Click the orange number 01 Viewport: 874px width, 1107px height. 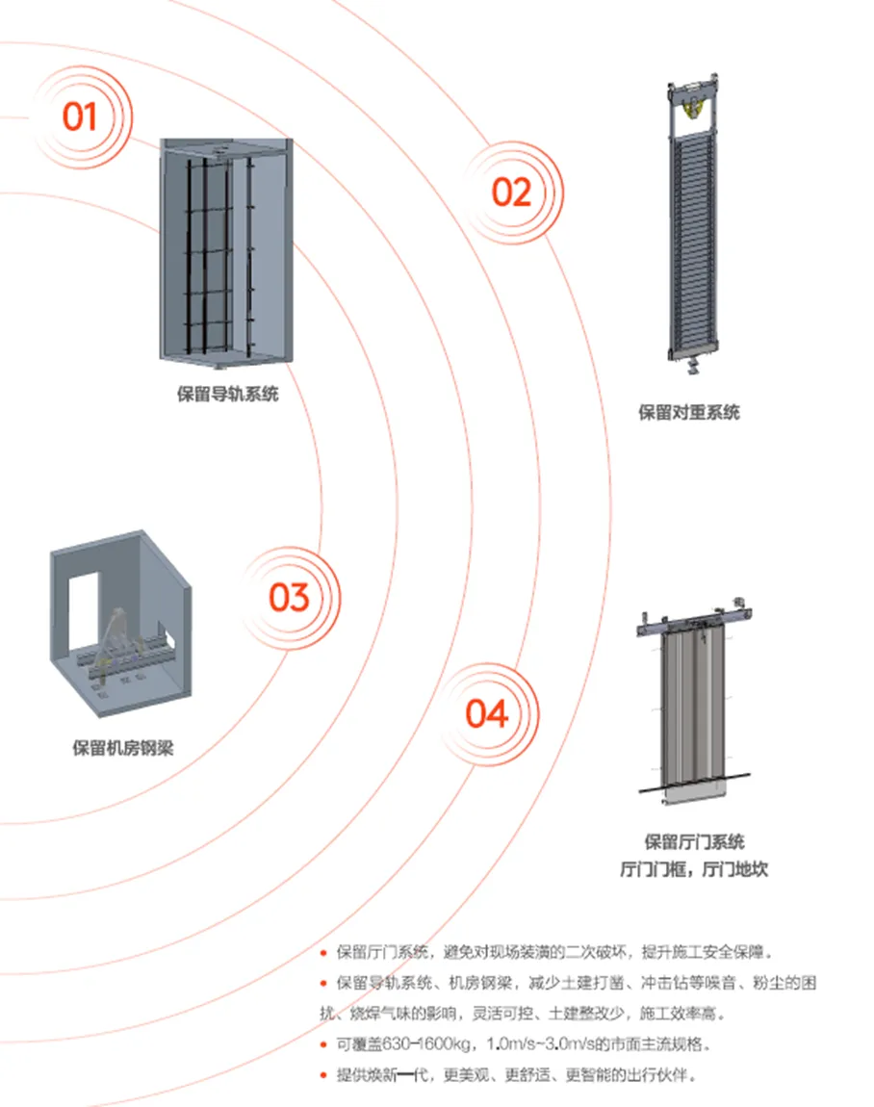[81, 116]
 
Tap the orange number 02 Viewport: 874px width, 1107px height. [511, 193]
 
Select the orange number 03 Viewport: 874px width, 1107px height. [289, 597]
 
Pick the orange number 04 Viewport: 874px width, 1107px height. [486, 713]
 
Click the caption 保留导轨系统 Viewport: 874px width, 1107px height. [228, 394]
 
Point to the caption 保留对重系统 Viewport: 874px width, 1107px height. [689, 413]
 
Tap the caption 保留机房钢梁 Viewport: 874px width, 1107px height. [123, 748]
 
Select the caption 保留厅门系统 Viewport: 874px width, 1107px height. [694, 842]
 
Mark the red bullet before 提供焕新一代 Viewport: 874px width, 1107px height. [324, 1073]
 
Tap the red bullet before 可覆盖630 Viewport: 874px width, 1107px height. [324, 1044]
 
